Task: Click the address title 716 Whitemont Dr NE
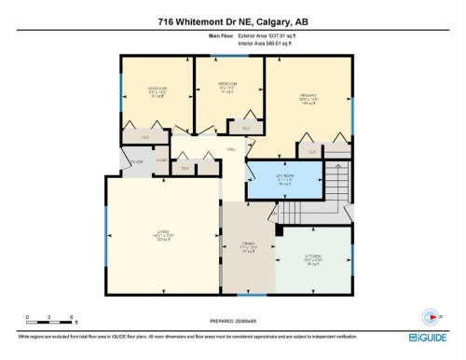(x=232, y=21)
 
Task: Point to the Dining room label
(x=248, y=247)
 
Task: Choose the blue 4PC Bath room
(x=284, y=179)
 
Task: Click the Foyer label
(x=136, y=160)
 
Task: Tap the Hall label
(x=230, y=148)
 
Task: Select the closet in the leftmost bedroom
(x=145, y=137)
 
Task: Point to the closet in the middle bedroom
(x=245, y=128)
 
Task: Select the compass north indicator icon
(x=428, y=314)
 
